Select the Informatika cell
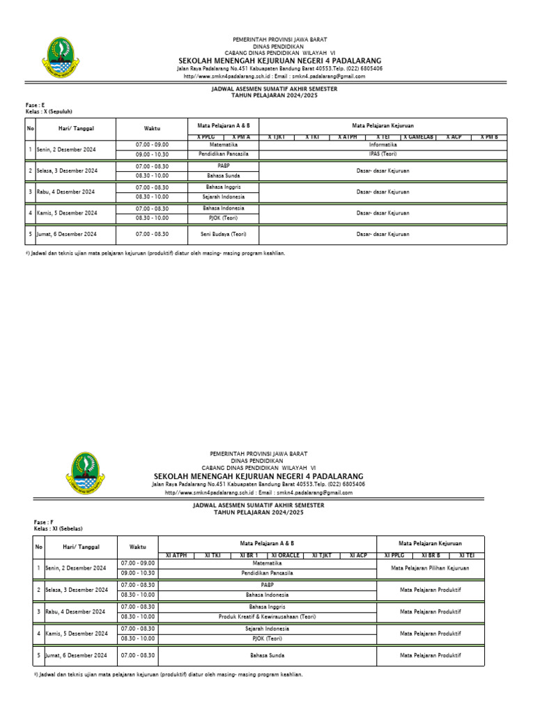tap(382, 144)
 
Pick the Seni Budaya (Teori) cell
tap(223, 234)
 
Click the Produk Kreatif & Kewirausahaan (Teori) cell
tap(267, 616)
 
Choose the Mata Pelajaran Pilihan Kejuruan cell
tap(430, 567)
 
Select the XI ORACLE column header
tap(285, 555)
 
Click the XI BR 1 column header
tap(249, 555)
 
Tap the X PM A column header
tap(242, 137)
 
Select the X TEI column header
tap(382, 137)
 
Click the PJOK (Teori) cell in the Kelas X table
tap(223, 217)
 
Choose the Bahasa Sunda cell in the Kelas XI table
tap(267, 655)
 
